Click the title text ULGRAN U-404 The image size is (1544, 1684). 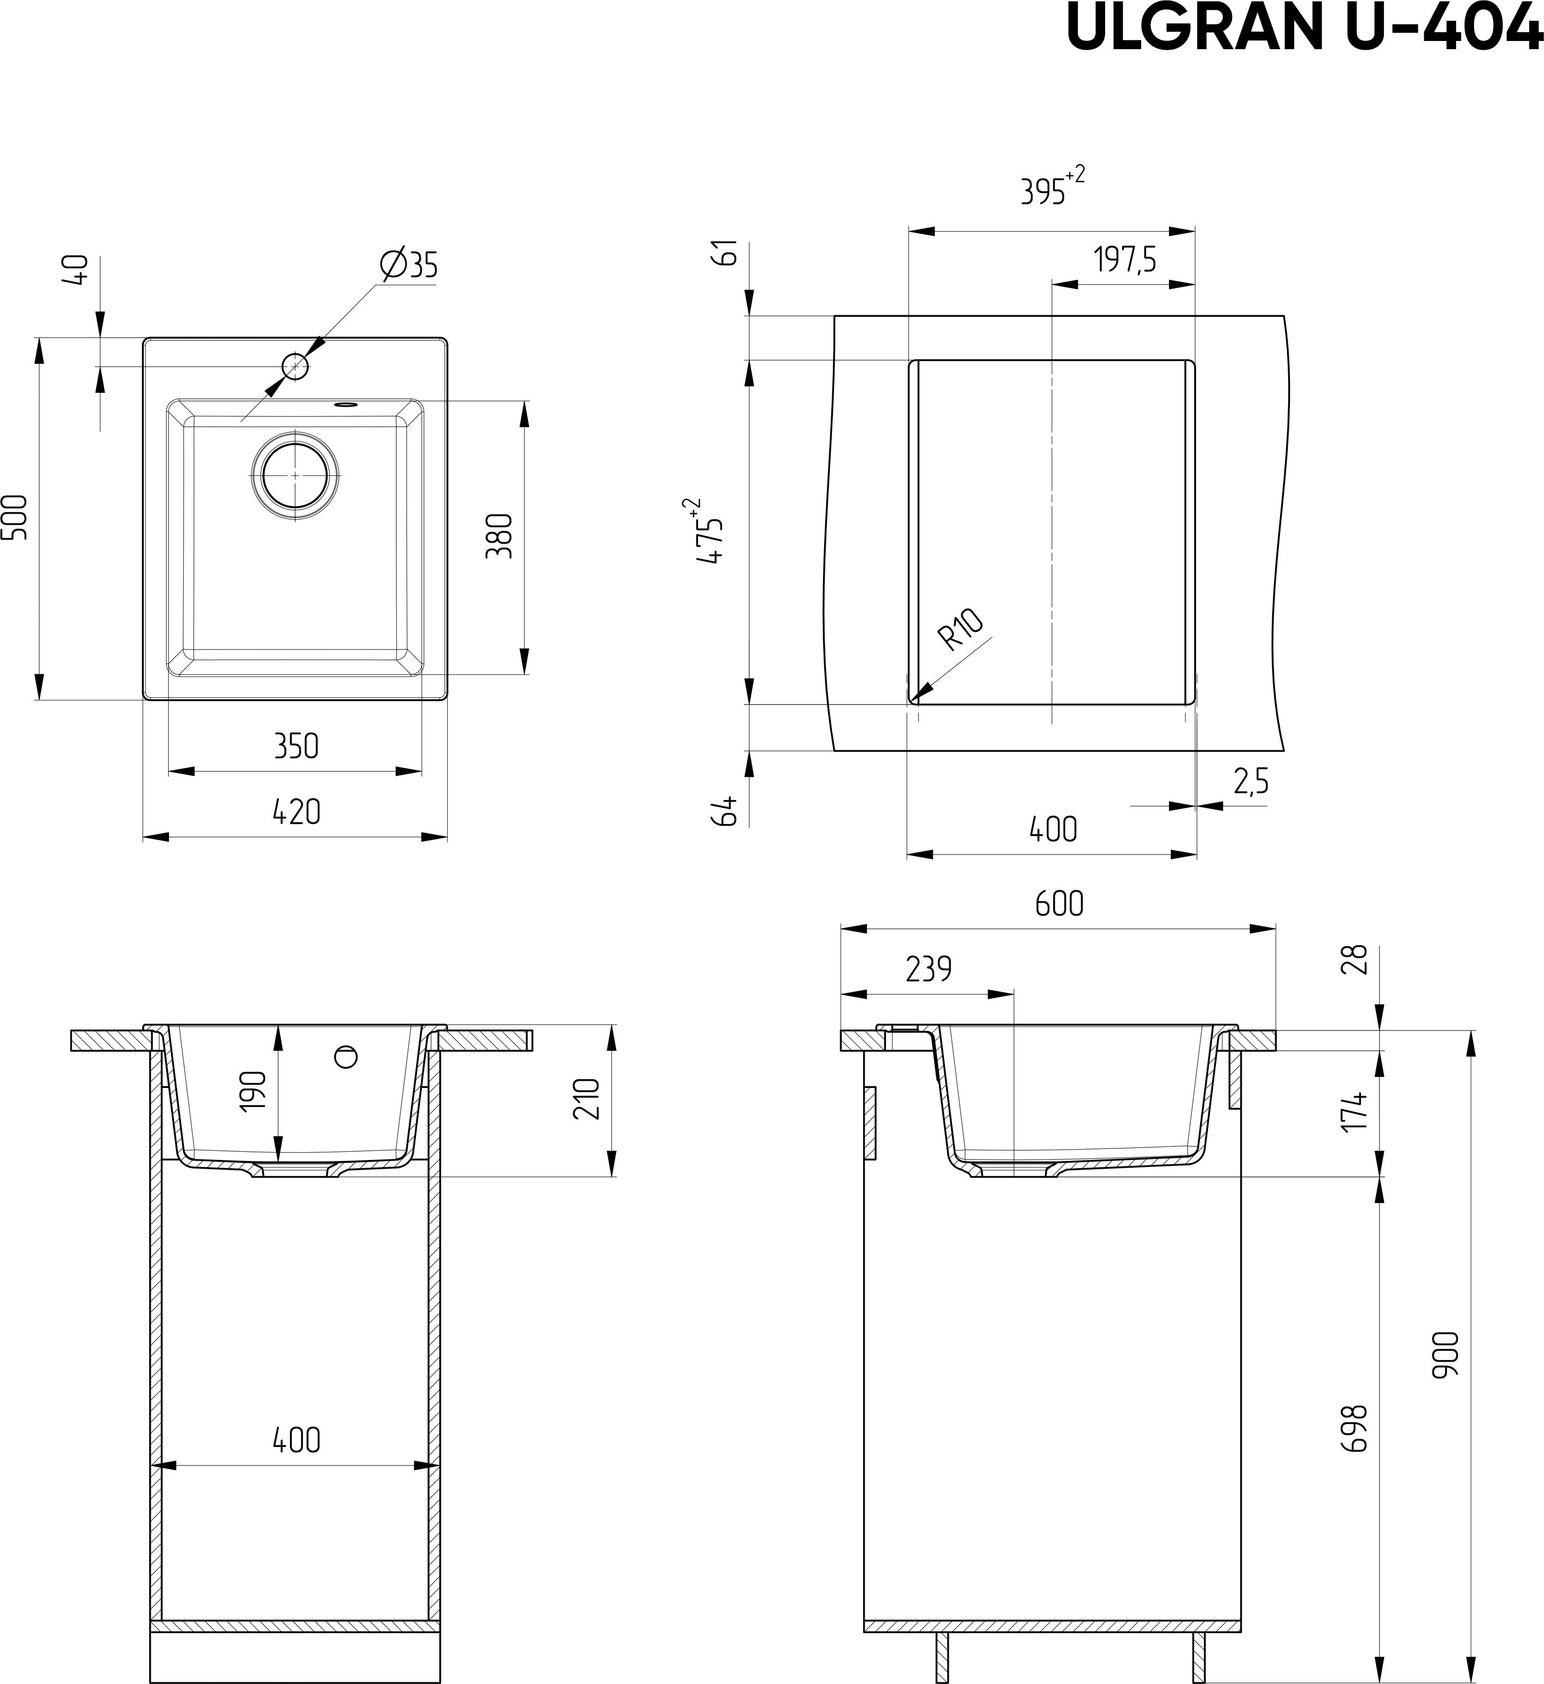1304,27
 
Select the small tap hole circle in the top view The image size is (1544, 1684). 295,366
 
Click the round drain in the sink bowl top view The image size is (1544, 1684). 295,474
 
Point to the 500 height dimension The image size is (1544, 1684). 19,518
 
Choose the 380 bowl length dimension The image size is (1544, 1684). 499,535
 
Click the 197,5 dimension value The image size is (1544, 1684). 1125,261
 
